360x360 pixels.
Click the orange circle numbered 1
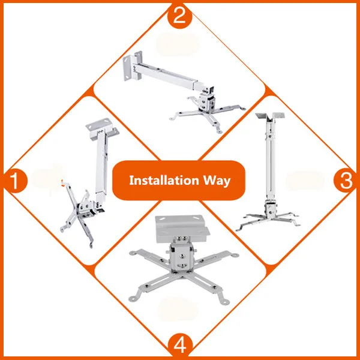point(15,181)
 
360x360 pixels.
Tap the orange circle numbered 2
point(179,16)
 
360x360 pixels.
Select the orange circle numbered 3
point(346,180)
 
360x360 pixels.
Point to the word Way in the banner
point(217,181)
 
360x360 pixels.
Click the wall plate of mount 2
point(132,66)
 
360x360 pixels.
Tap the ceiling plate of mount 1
point(102,128)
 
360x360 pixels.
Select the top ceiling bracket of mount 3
point(270,116)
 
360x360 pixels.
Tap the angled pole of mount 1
point(101,167)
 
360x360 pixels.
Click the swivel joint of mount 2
point(208,100)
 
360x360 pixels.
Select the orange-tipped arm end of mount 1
point(62,182)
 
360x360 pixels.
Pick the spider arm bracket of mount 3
point(268,220)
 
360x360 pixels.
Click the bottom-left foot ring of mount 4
point(132,298)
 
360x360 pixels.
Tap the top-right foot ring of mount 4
point(235,255)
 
